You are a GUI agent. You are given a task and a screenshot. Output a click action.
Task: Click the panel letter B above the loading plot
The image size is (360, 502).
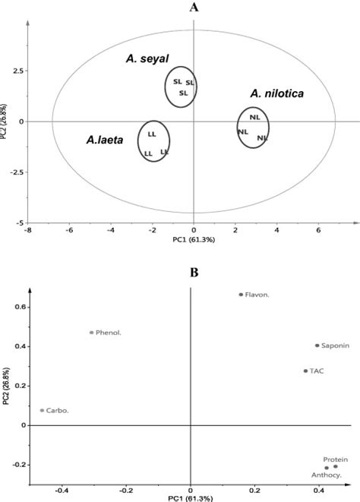(194, 271)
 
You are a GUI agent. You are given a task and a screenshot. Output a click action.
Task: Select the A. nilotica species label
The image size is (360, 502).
(276, 93)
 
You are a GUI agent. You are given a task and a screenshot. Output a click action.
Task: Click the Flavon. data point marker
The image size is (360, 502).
(241, 295)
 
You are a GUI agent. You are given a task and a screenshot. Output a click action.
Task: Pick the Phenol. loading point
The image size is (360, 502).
(92, 332)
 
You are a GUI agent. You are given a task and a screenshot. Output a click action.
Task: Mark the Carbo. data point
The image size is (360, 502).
(42, 411)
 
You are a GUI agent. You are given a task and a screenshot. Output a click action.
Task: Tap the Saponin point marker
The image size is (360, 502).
(317, 346)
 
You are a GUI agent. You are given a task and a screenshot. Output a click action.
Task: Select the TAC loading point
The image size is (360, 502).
(305, 371)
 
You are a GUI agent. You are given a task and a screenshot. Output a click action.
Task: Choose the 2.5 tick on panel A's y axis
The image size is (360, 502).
(17, 71)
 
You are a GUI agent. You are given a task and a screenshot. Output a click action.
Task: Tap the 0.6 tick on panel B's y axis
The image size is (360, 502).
(23, 308)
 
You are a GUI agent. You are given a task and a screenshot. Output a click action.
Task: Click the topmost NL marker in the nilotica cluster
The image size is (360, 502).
(254, 118)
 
